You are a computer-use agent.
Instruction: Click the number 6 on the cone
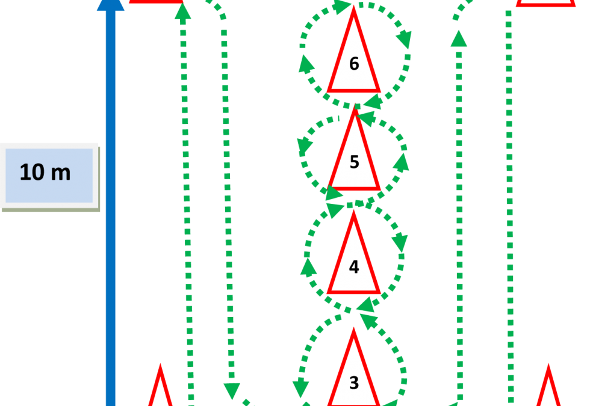[354, 64]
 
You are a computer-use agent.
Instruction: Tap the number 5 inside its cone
[354, 162]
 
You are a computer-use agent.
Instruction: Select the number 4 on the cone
[354, 267]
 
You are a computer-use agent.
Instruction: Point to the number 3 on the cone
[354, 383]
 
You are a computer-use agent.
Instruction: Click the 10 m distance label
[46, 173]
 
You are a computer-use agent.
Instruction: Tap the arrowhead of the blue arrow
[110, 4]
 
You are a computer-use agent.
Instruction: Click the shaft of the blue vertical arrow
[110, 211]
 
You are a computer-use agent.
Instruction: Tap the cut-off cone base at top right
[545, 3]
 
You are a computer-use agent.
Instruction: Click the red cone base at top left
[155, 2]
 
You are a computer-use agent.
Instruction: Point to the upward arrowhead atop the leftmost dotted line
[183, 10]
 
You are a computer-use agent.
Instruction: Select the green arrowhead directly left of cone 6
[306, 64]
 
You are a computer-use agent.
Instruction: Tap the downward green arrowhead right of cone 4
[399, 243]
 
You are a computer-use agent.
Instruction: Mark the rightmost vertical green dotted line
[509, 211]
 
